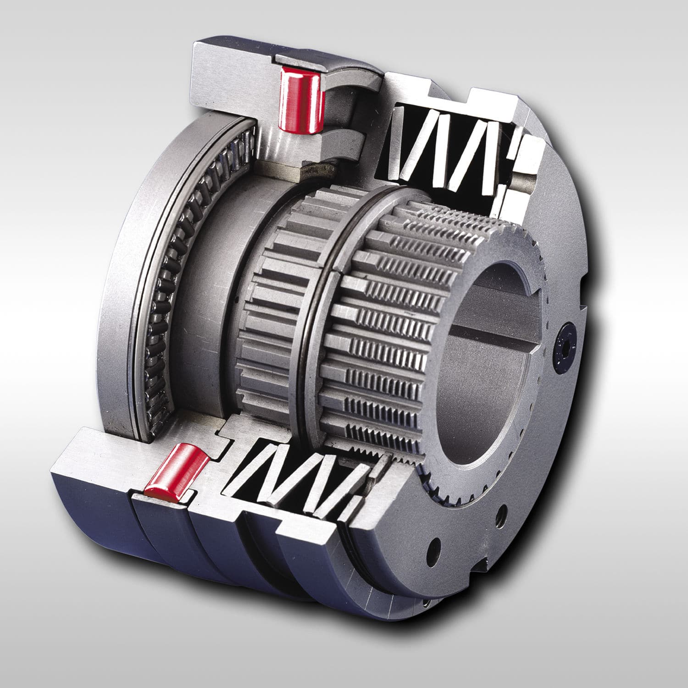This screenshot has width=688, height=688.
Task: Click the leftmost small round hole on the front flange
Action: (434, 548)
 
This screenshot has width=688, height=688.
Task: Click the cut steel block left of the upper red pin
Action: (229, 83)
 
